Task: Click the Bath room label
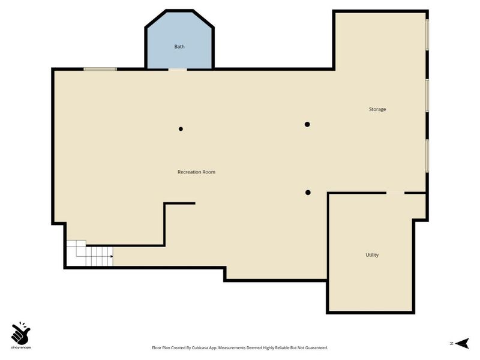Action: coord(179,47)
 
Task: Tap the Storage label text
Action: coord(377,109)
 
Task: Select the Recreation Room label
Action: coord(196,172)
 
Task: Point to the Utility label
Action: coord(372,255)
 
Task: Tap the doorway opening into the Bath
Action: coord(178,70)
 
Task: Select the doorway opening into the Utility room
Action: coord(395,193)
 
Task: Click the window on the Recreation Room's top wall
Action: coord(100,69)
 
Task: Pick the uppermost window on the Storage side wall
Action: coord(427,35)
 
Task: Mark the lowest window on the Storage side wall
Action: coord(427,156)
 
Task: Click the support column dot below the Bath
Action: coord(181,129)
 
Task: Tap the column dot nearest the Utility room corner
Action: coord(308,193)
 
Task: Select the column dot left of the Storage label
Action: coord(307,124)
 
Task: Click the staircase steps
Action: coord(90,253)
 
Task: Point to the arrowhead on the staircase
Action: coord(112,256)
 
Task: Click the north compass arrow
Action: coord(462,343)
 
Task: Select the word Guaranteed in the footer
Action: coord(318,348)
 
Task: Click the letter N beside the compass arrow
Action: coord(452,343)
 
